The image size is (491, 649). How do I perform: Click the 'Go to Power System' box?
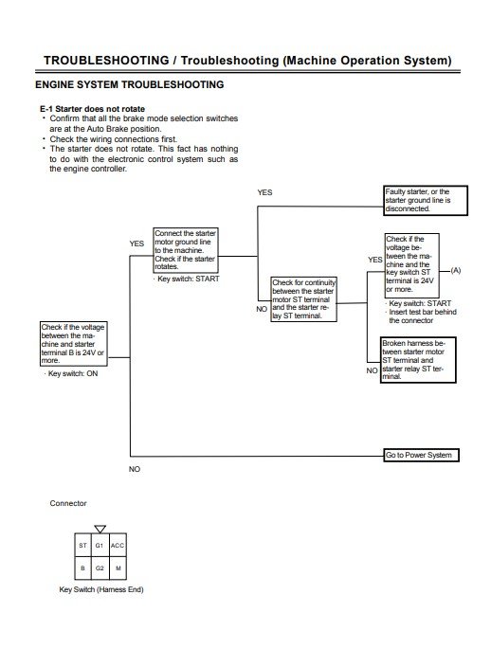click(x=419, y=455)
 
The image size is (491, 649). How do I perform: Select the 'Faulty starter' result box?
click(x=419, y=200)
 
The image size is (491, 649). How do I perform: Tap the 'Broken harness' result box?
click(x=418, y=360)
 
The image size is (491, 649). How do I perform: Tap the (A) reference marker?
click(x=455, y=271)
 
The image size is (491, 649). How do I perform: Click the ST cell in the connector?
click(x=82, y=547)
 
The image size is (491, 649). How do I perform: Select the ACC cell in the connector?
click(x=118, y=547)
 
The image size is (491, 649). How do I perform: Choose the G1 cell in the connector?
click(x=100, y=547)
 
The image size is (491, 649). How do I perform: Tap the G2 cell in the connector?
click(x=100, y=568)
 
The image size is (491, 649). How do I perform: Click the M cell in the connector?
click(x=118, y=568)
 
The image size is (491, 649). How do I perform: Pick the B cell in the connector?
click(x=82, y=568)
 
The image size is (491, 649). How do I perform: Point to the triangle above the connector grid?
click(x=100, y=529)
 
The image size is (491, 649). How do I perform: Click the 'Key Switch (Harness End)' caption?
click(x=100, y=589)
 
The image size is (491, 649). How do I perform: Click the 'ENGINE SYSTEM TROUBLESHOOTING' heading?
click(x=129, y=85)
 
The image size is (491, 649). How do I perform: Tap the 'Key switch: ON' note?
click(x=71, y=375)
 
